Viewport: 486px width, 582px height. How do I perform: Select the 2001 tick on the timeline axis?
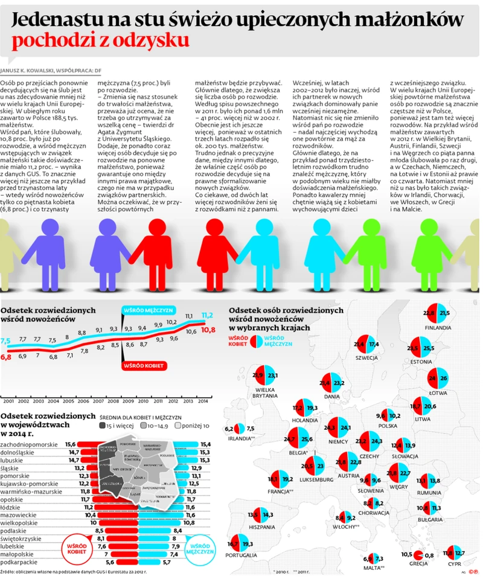(x=8, y=401)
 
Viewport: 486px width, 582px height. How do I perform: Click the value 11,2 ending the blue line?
(x=207, y=315)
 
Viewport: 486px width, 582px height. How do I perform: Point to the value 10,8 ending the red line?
(x=207, y=330)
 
